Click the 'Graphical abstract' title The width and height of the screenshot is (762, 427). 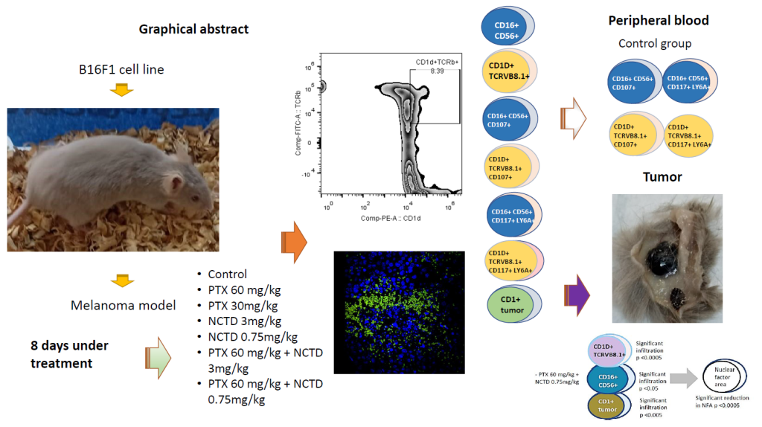193,30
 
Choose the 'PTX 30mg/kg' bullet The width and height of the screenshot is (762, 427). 244,306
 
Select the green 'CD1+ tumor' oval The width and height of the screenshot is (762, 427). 513,304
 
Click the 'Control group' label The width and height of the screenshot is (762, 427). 655,43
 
